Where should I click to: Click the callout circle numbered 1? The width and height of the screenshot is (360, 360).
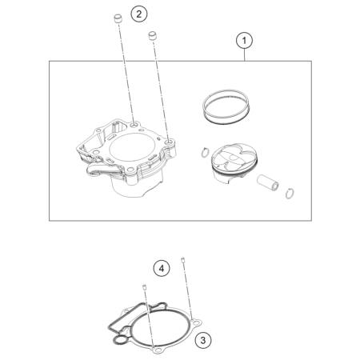[244, 41]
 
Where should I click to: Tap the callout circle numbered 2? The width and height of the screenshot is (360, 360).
[139, 14]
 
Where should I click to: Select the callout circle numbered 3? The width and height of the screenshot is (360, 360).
[203, 341]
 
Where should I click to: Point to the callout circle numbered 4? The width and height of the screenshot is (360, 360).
[162, 268]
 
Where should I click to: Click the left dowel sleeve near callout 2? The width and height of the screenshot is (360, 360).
[117, 19]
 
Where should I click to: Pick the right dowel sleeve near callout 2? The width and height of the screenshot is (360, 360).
[152, 36]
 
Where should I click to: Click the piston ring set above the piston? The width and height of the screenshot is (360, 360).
[226, 107]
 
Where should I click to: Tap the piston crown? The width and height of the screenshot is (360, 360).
[234, 158]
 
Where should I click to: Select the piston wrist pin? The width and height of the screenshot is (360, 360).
[268, 183]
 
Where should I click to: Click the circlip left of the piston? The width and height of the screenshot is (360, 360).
[205, 152]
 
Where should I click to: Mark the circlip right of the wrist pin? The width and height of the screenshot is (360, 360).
[290, 194]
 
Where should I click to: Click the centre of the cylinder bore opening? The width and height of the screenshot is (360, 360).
[132, 147]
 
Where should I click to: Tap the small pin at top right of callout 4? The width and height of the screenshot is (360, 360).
[183, 259]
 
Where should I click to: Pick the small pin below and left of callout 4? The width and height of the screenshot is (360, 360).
[145, 287]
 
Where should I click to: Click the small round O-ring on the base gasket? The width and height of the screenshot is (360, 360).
[120, 340]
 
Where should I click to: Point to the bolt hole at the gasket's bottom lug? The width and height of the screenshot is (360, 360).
[158, 350]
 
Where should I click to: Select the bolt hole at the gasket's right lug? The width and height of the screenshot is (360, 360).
[197, 323]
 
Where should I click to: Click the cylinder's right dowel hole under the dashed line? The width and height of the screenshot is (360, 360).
[169, 144]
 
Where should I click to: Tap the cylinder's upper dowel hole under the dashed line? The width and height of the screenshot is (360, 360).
[134, 125]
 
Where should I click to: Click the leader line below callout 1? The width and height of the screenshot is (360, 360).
[244, 55]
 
